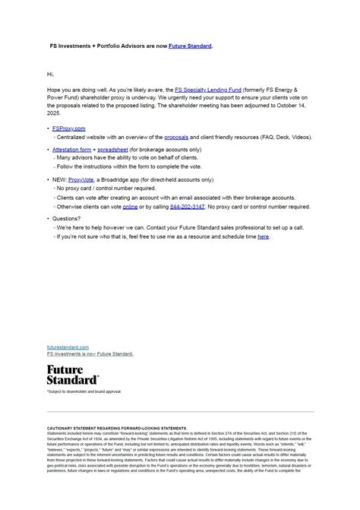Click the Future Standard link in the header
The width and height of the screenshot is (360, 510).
tap(190, 46)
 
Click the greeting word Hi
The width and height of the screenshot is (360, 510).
tap(50, 74)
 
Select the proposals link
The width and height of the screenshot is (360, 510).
tap(176, 137)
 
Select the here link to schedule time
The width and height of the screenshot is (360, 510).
tap(263, 236)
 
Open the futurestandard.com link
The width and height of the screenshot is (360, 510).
tap(68, 347)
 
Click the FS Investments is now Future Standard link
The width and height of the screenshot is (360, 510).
tap(90, 353)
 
